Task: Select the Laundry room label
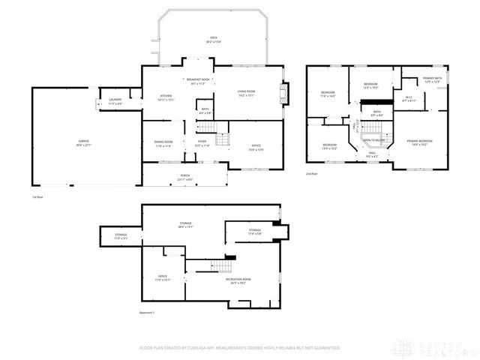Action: [115, 100]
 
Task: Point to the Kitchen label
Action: [166, 97]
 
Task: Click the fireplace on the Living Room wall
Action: [283, 93]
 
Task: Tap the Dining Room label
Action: [163, 143]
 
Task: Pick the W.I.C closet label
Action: [409, 98]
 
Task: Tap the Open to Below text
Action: [374, 139]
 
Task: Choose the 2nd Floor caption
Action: [312, 174]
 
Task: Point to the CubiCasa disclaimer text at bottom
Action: [239, 348]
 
